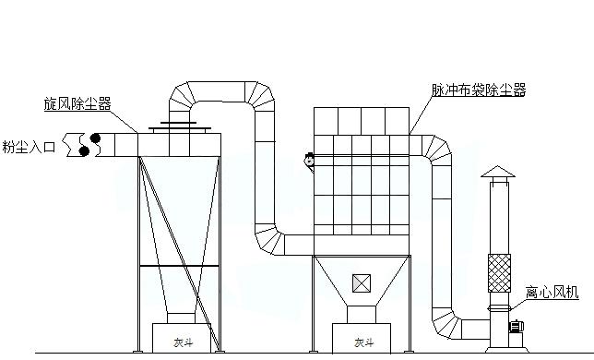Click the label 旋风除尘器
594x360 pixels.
point(77,104)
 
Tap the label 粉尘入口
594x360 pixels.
point(29,146)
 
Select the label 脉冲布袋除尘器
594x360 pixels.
point(478,90)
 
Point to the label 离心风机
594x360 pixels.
point(552,293)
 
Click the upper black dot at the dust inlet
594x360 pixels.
point(95,138)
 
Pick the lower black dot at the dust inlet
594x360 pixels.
point(85,150)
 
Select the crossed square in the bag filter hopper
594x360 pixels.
point(361,282)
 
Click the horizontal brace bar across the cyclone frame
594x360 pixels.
point(179,267)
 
